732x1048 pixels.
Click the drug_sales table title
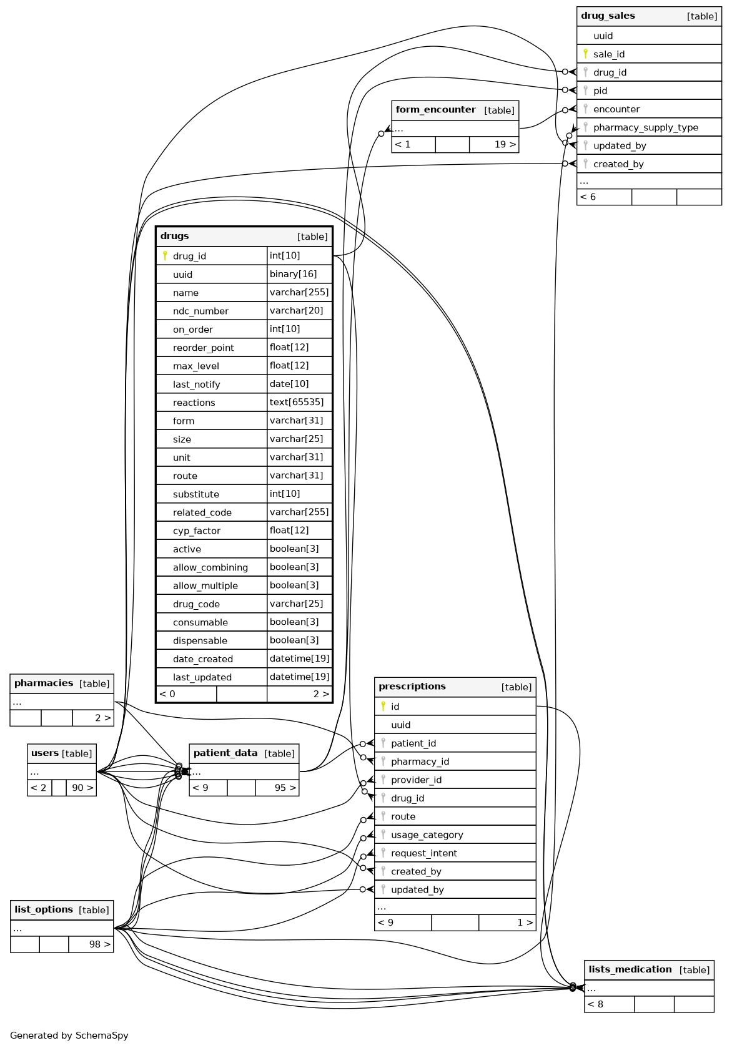[608, 16]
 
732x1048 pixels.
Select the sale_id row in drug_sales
[609, 54]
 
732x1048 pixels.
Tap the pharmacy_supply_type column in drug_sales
[645, 127]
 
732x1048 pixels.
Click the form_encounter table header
[435, 110]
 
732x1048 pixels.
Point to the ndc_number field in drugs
[200, 311]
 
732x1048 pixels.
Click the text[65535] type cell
[297, 403]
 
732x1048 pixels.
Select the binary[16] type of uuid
[293, 274]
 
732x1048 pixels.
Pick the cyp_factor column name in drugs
[197, 531]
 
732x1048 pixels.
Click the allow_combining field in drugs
[210, 567]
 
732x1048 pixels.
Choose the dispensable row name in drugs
[200, 640]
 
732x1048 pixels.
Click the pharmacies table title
[44, 683]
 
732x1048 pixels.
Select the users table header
[44, 753]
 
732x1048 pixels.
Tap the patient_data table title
[225, 753]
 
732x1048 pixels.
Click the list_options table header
[43, 910]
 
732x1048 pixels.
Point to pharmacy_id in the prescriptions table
[420, 762]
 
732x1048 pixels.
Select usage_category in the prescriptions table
[427, 835]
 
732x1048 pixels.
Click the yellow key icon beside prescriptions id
[383, 706]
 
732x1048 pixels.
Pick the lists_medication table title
[630, 969]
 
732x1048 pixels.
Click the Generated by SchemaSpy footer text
[69, 1036]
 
